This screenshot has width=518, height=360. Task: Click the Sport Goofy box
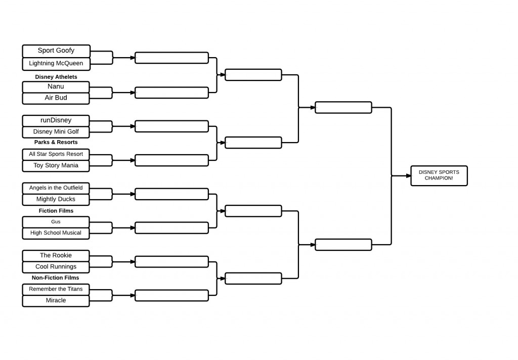(x=56, y=51)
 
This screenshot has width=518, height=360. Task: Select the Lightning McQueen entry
(x=56, y=64)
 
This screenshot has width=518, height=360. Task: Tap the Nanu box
(x=56, y=87)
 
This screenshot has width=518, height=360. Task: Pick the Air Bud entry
(x=56, y=98)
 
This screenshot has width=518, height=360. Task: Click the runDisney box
(x=56, y=120)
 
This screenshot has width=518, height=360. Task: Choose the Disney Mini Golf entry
(x=56, y=132)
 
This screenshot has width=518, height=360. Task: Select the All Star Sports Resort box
(x=56, y=154)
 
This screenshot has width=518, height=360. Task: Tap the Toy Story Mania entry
(x=56, y=166)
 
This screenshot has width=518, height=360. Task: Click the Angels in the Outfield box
(x=56, y=188)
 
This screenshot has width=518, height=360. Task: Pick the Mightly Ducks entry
(x=56, y=200)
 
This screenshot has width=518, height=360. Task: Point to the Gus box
(x=56, y=222)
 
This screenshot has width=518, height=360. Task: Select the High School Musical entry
(x=56, y=233)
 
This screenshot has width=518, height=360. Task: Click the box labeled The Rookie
(x=56, y=256)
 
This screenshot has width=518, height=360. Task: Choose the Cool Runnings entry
(x=56, y=267)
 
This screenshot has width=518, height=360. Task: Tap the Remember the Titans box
(x=56, y=289)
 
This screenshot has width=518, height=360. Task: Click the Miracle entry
(x=56, y=301)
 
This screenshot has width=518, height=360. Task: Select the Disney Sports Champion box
(x=439, y=175)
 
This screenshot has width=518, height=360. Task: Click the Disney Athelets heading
(x=56, y=77)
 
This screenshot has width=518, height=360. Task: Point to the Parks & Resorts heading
(x=56, y=142)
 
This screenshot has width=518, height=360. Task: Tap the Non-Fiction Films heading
(x=56, y=278)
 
